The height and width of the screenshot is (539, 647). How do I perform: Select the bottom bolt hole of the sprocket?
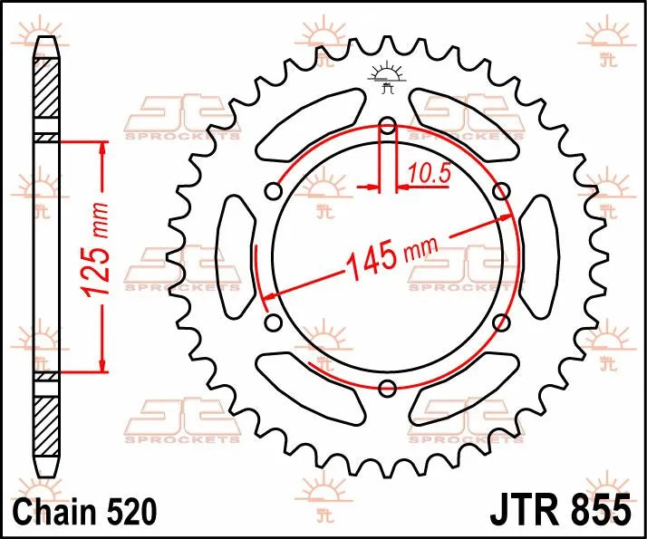pos(388,389)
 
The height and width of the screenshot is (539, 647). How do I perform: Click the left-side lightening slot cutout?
pos(235,256)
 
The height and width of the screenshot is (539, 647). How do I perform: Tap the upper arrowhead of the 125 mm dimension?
pos(101,148)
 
